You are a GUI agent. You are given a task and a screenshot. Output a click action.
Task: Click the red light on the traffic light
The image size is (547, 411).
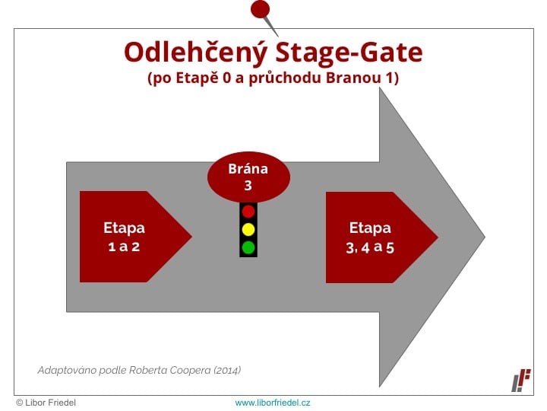(248, 212)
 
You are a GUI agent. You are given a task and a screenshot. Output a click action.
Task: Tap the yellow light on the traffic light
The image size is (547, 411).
(248, 230)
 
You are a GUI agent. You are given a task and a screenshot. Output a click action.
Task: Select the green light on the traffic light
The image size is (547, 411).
(248, 248)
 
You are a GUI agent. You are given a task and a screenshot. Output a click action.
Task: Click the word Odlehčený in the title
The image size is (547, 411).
(196, 53)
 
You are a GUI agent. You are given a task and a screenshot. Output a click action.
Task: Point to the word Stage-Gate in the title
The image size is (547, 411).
(349, 53)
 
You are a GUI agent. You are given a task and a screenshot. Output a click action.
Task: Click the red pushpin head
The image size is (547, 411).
(261, 9)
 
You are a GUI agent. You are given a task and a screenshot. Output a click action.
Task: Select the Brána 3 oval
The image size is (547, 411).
(248, 177)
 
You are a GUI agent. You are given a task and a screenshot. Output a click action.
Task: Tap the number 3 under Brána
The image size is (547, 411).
(248, 185)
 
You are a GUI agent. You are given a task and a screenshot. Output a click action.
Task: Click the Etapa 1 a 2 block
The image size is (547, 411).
(136, 237)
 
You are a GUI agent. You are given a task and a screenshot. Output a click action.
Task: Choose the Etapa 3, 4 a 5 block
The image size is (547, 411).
(381, 237)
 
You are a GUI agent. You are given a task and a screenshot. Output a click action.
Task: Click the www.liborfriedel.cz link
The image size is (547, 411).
(273, 403)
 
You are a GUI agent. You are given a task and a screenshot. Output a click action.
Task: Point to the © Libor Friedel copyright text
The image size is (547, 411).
(46, 403)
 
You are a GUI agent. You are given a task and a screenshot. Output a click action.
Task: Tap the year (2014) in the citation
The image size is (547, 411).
(227, 370)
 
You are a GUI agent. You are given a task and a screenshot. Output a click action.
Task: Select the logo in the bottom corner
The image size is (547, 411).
(521, 381)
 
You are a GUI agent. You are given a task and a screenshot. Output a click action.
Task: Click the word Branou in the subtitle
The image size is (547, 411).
(353, 78)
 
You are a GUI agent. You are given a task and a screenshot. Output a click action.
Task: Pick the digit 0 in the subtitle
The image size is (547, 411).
(226, 78)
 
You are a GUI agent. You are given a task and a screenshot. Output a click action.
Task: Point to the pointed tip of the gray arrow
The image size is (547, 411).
(485, 237)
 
